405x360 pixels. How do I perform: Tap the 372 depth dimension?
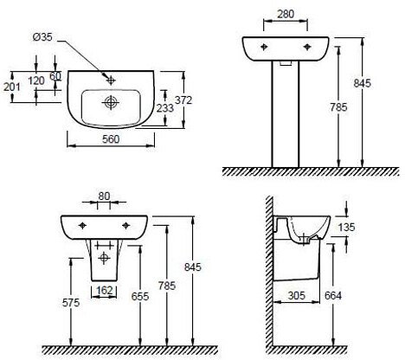[183, 100]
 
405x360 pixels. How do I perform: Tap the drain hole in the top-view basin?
[110, 102]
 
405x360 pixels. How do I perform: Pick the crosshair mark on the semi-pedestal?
[105, 258]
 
